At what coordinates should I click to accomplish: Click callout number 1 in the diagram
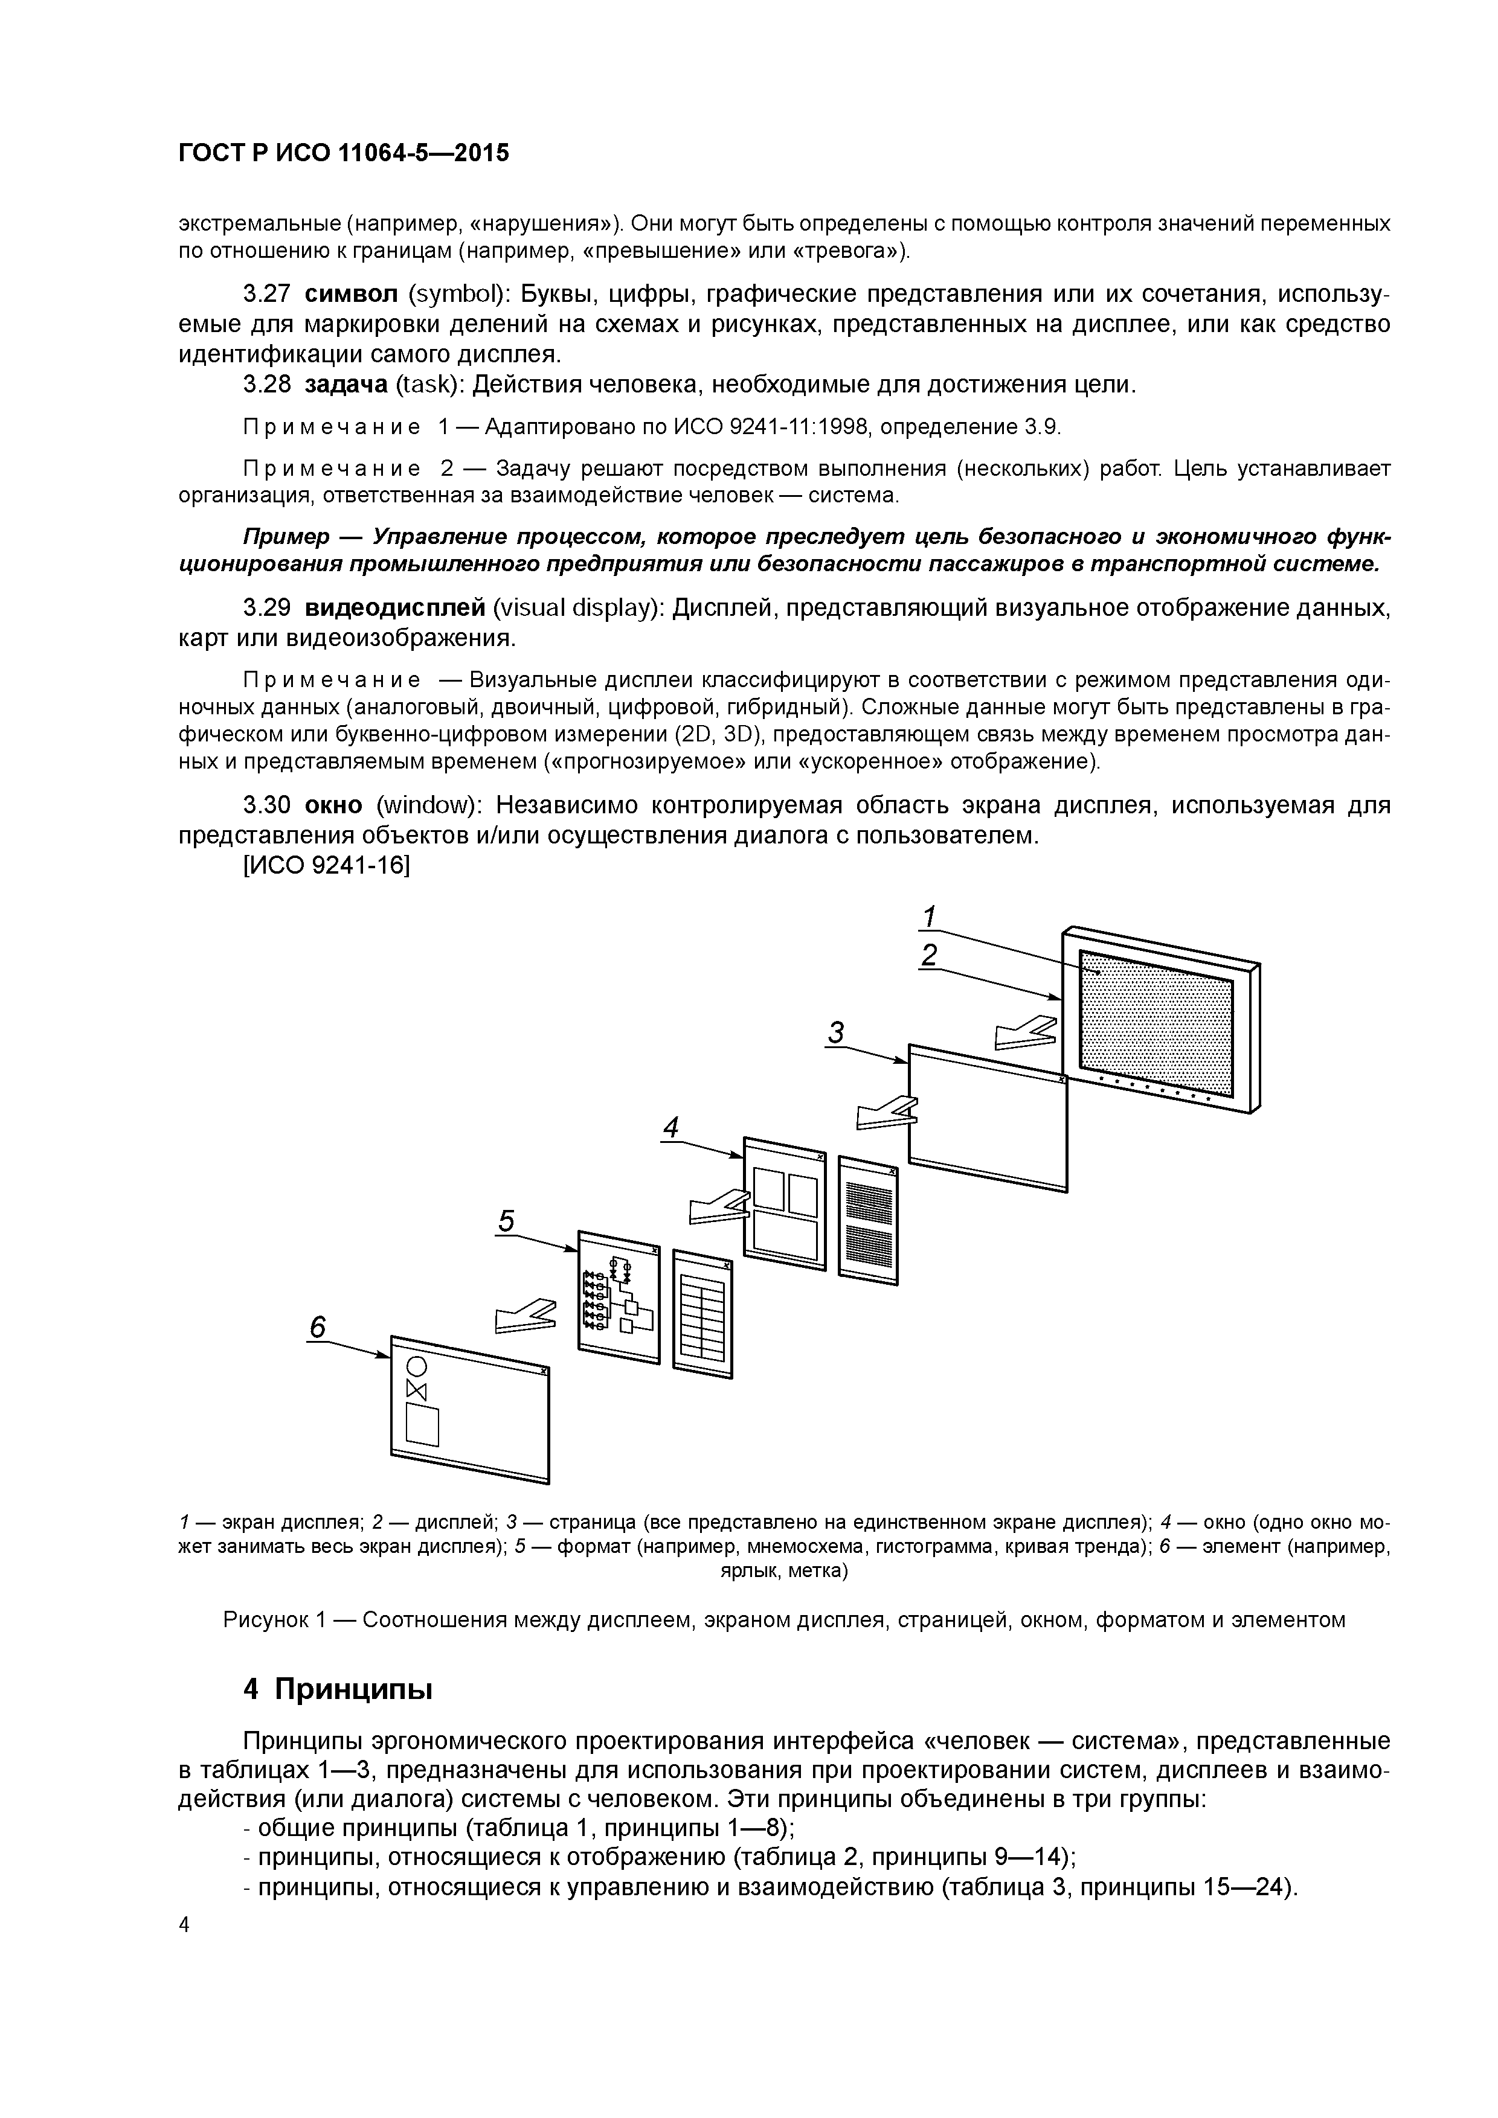pos(930,917)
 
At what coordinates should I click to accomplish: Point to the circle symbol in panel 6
pos(416,1366)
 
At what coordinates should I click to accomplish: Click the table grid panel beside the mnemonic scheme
pos(702,1314)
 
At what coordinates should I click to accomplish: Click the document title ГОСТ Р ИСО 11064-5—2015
pos(343,153)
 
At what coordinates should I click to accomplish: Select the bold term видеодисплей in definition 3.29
pos(394,608)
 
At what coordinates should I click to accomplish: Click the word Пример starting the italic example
pos(285,537)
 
